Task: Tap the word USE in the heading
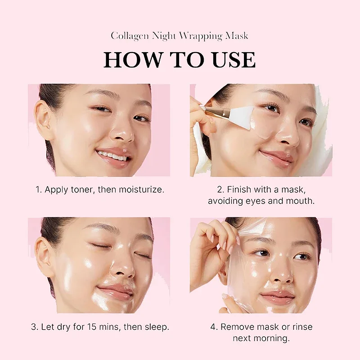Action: coord(231,60)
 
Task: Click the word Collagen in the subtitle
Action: coord(130,36)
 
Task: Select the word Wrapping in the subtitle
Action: coord(204,36)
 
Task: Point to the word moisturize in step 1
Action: coord(140,189)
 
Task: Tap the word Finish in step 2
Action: coord(239,189)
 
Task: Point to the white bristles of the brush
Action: coord(243,113)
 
